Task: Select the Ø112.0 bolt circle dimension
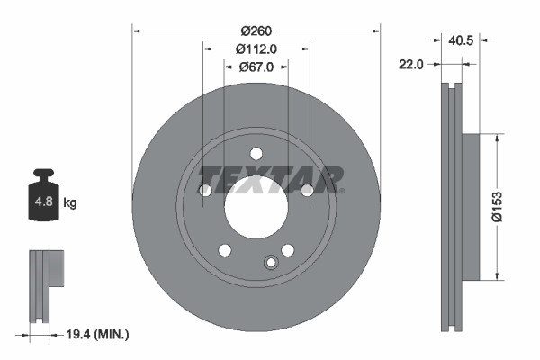(256, 49)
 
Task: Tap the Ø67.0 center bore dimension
(256, 67)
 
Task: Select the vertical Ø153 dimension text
(509, 206)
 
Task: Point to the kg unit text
(70, 203)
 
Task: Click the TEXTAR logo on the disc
(270, 179)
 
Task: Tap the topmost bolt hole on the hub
(256, 153)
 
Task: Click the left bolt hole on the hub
(205, 190)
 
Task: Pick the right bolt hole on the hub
(307, 190)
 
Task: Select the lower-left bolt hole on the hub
(225, 249)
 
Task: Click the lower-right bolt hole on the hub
(288, 249)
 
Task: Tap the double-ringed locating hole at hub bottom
(270, 262)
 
